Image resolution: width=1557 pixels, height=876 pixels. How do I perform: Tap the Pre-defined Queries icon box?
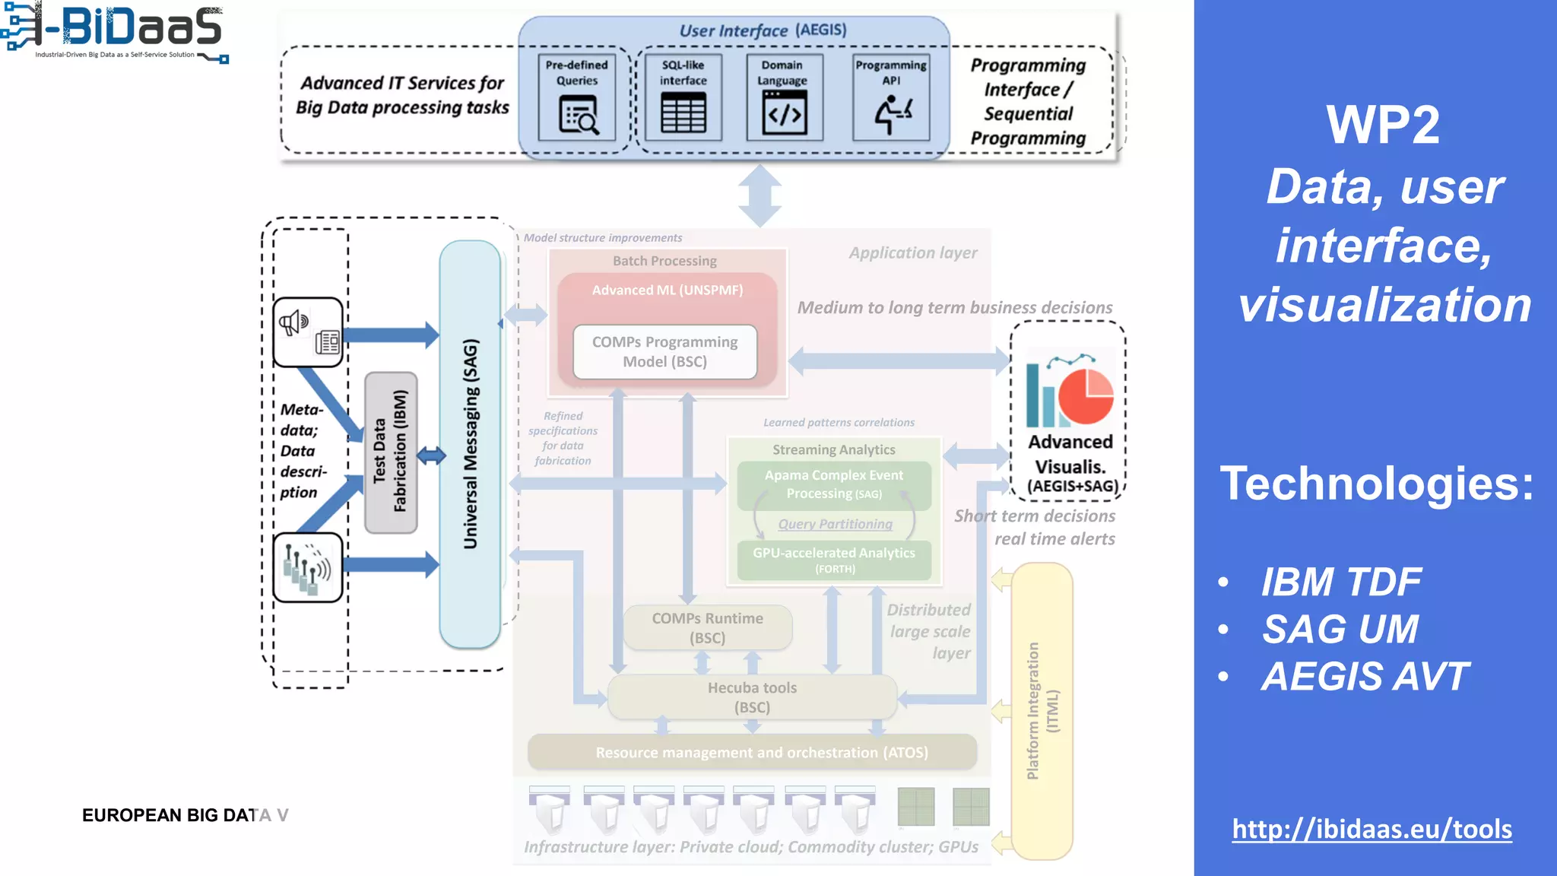coord(577,97)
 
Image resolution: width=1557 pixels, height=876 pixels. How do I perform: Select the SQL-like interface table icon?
coord(683,113)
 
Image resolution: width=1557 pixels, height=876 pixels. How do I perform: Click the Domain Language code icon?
coord(785,114)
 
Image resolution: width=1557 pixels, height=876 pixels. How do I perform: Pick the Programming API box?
coord(891,97)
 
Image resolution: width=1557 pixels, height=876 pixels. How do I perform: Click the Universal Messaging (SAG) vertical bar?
coord(470,444)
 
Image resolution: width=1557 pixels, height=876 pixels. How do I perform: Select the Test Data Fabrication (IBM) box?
coord(391,452)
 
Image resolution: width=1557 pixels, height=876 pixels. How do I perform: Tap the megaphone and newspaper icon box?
coord(308,332)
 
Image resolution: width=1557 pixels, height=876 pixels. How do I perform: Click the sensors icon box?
coord(308,567)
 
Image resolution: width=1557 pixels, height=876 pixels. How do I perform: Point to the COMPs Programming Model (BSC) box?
coord(664,351)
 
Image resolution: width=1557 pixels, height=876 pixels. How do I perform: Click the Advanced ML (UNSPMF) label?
coord(668,290)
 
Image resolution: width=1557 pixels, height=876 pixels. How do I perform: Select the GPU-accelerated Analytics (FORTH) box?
coord(834,560)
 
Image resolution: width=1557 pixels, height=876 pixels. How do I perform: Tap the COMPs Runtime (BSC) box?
coord(707,627)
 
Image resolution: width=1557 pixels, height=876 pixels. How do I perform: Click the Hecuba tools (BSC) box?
coord(752,697)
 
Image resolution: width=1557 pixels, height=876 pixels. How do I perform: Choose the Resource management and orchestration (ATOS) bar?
coord(752,752)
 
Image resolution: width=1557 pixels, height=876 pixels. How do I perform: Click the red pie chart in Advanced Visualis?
coord(1085,396)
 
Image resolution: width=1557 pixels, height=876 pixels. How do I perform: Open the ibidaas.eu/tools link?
coord(1371,828)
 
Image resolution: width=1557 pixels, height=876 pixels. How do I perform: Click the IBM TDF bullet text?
coord(1341,582)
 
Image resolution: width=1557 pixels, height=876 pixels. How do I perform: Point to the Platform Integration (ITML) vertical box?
coord(1042,710)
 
